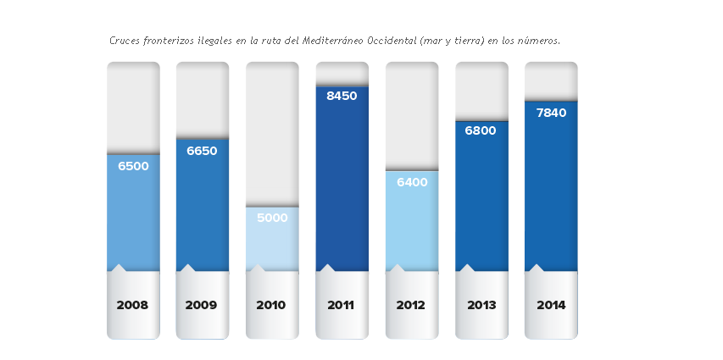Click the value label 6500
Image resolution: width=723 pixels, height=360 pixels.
133,166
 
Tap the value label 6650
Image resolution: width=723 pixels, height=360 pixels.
202,151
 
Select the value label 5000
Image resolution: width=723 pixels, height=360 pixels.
272,218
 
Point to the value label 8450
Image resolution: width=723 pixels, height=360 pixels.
342,96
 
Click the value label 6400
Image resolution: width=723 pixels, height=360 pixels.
411,182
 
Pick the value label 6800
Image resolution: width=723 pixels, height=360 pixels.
481,130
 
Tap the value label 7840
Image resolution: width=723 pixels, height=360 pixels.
551,113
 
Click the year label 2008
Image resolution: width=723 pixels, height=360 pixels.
133,305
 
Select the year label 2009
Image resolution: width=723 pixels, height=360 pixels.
202,305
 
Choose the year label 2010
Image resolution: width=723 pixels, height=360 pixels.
271,305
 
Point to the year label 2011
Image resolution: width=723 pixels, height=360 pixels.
341,305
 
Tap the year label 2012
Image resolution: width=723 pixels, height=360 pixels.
411,305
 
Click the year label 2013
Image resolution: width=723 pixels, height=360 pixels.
481,305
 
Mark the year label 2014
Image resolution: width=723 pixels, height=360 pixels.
551,305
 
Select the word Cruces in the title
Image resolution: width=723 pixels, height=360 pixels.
125,40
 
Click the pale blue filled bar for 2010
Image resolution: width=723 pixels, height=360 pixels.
272,246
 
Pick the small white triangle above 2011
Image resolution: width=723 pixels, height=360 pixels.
327,268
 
